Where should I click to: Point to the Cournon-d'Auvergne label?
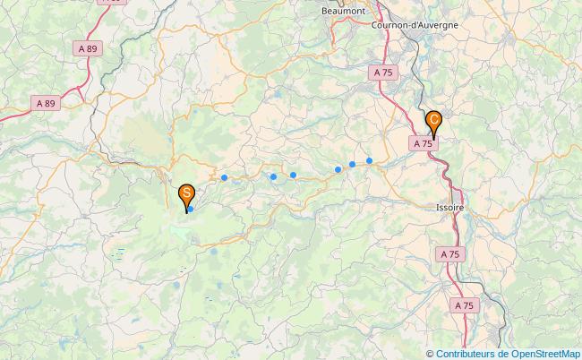click(415, 24)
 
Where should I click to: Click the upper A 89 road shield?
click(87, 48)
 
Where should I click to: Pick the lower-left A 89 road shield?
click(45, 104)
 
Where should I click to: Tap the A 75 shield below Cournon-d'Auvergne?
click(383, 72)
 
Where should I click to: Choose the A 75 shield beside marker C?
click(425, 142)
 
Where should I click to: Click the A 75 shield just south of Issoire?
click(450, 254)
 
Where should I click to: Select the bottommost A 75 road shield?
click(464, 306)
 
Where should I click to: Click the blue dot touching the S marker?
click(191, 209)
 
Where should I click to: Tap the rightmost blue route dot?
click(369, 160)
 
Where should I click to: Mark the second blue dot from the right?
click(353, 164)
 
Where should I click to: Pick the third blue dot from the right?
click(338, 168)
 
